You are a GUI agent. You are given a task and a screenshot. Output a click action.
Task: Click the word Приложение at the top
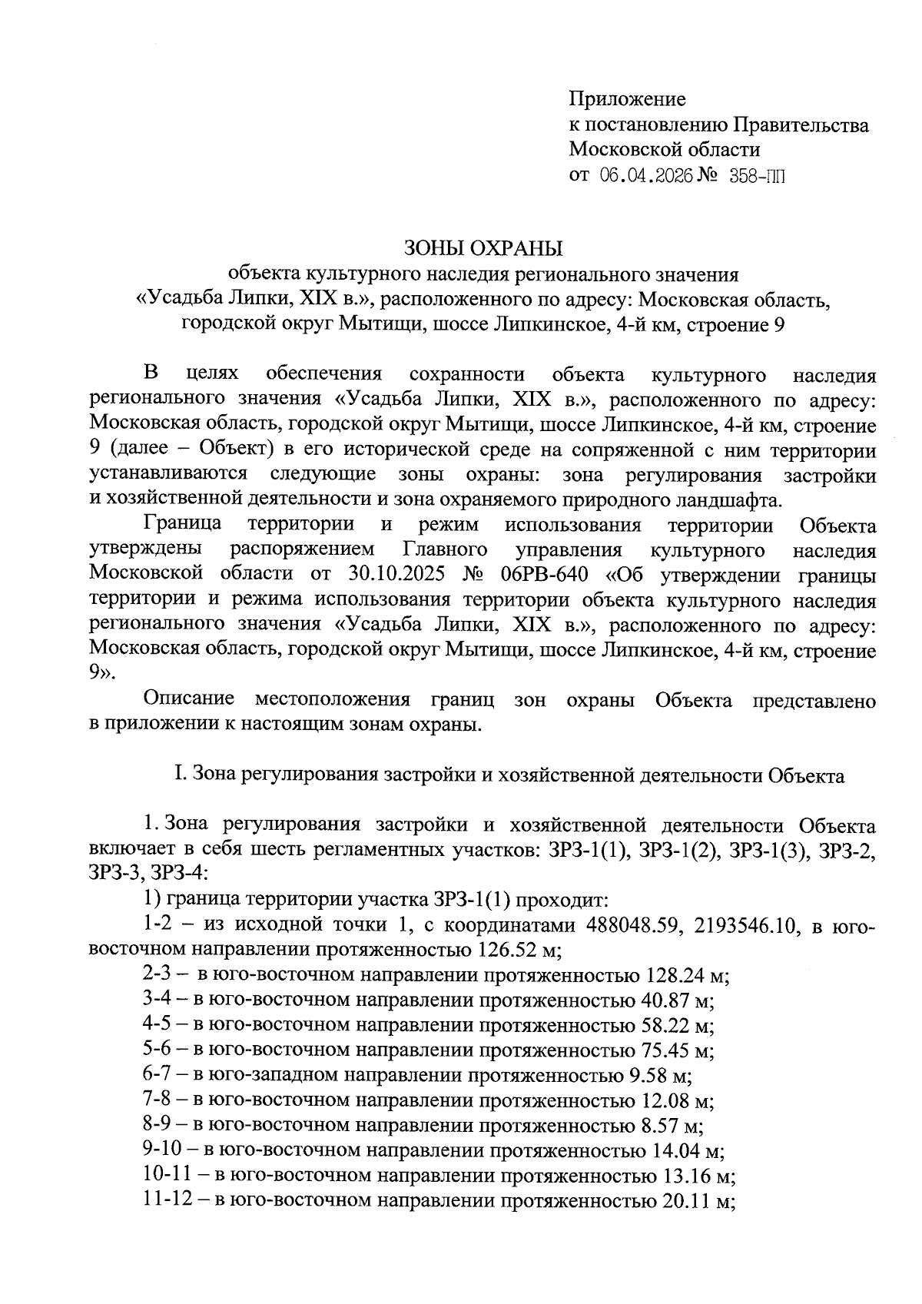627,99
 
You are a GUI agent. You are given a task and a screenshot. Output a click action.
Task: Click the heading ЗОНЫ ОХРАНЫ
483,249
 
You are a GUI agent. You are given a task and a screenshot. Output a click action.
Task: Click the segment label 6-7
159,1076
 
